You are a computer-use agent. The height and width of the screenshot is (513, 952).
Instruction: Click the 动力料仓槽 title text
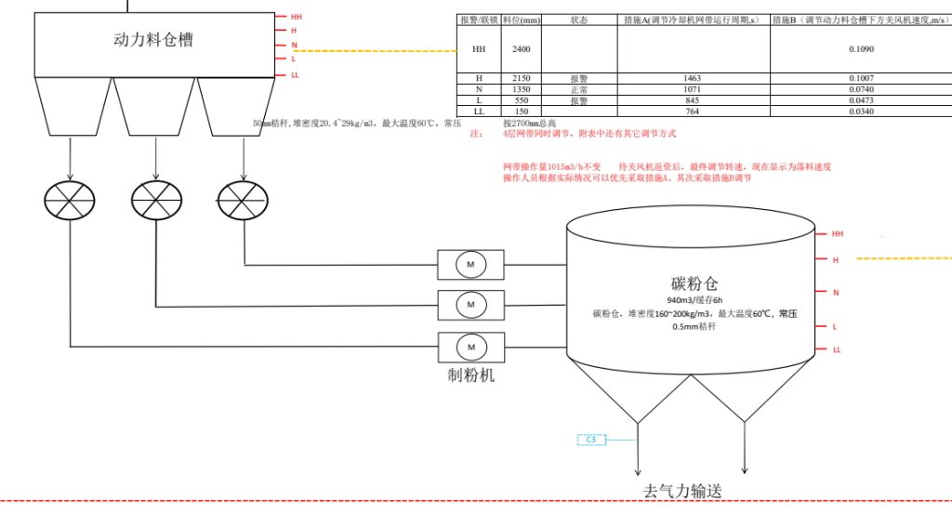[x=153, y=40]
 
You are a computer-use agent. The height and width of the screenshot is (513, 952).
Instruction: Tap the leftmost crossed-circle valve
[x=70, y=198]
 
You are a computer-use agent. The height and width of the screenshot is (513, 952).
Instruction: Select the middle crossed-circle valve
[x=156, y=198]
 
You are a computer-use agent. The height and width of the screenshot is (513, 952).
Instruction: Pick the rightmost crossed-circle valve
[x=243, y=198]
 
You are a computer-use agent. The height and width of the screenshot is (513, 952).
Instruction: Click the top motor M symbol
[x=470, y=265]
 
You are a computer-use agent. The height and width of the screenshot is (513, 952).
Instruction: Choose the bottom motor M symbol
[x=470, y=347]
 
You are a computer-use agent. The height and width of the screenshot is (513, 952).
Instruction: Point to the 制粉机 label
[x=471, y=375]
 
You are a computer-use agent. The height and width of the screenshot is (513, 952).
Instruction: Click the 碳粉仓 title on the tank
[x=694, y=283]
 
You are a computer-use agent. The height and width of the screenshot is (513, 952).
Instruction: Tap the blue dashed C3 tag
[x=591, y=439]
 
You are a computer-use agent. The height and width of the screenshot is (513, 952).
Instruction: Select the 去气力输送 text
[x=682, y=491]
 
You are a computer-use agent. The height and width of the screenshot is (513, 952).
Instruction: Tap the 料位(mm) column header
[x=520, y=20]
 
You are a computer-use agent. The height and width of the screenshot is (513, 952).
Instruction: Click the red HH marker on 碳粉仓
[x=837, y=234]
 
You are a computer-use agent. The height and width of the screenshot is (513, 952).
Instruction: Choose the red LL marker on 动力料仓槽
[x=295, y=74]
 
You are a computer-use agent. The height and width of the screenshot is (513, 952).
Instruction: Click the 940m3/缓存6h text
[x=694, y=300]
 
